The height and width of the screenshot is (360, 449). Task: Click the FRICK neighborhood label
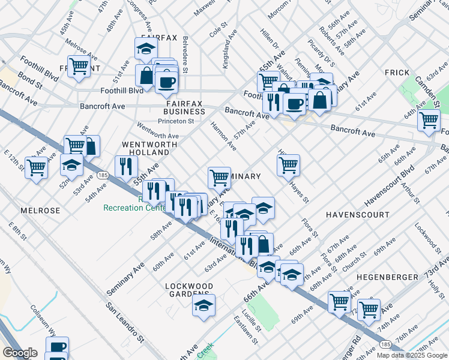(397, 73)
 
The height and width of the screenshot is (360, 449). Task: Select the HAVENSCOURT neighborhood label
(354, 214)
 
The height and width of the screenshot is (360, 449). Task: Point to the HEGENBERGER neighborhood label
(387, 277)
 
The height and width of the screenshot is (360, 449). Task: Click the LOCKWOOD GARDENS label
(190, 290)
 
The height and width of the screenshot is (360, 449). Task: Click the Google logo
(20, 353)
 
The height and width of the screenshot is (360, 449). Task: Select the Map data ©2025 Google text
(411, 355)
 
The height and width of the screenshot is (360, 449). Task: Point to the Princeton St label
(176, 121)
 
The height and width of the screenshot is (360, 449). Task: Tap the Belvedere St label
(185, 55)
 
